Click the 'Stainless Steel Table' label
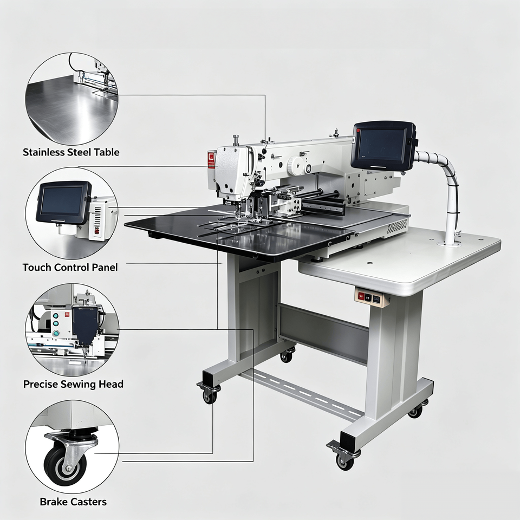[71, 152]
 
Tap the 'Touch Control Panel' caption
[70, 267]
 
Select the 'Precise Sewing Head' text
[73, 384]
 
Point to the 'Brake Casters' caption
[73, 502]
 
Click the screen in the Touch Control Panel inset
[62, 200]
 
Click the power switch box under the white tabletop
[369, 296]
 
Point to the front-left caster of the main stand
[208, 392]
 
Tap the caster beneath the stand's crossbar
[287, 354]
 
